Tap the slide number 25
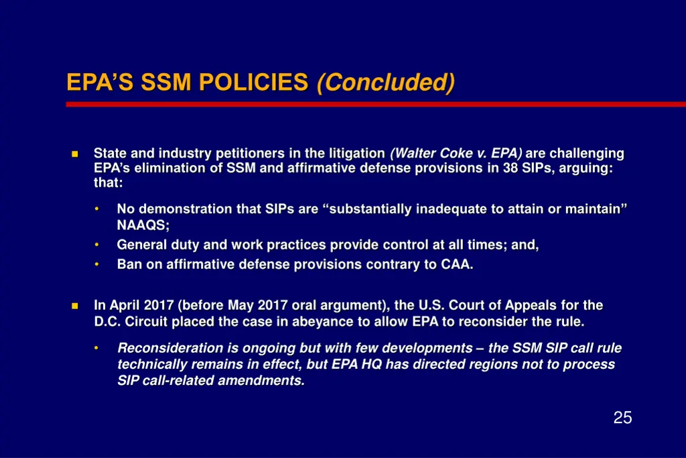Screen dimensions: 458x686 point(622,418)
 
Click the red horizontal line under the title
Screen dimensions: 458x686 point(375,104)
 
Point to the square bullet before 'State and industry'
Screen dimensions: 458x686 point(74,154)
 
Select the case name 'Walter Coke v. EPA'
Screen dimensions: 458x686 point(456,154)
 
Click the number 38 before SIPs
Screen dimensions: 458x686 point(511,168)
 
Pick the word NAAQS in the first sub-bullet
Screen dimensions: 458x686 point(143,225)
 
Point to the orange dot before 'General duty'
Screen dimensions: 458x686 point(97,244)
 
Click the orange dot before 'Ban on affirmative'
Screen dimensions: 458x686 point(97,264)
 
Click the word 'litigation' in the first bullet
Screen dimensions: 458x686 point(356,154)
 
